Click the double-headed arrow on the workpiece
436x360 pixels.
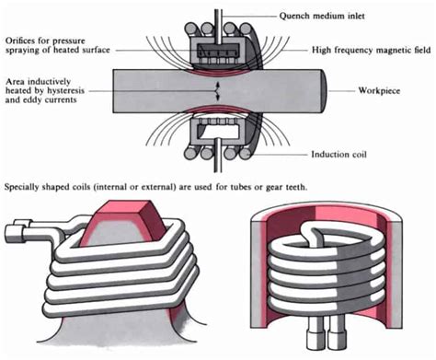pos(216,91)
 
